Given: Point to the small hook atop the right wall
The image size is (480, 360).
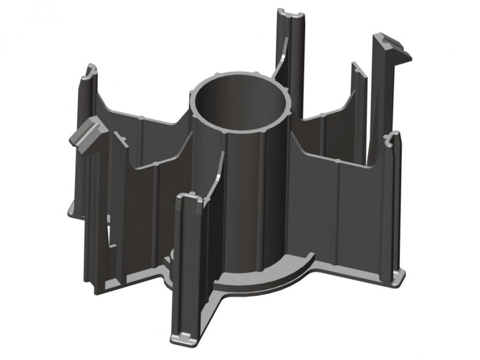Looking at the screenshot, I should pyautogui.click(x=393, y=140).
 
